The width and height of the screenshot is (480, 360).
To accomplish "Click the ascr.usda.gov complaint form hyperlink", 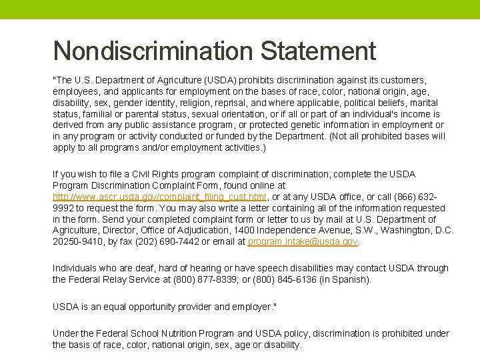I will click(160, 197).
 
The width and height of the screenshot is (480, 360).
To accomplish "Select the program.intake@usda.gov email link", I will click(303, 241).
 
